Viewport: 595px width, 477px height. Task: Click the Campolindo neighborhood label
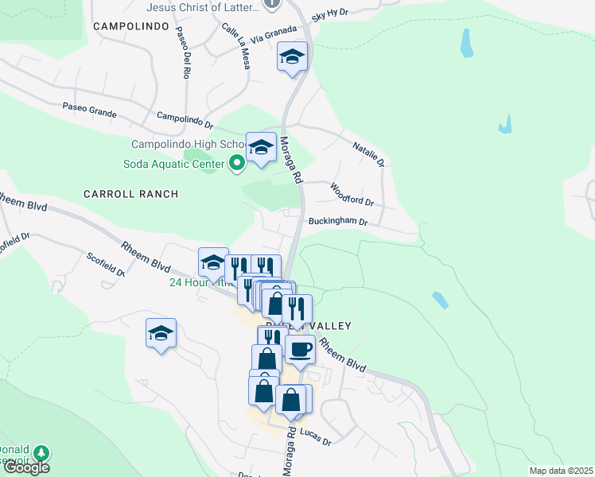click(131, 26)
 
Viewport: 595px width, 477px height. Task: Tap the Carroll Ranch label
click(130, 194)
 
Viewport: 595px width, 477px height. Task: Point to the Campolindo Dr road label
click(185, 119)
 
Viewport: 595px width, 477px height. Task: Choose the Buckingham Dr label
click(337, 223)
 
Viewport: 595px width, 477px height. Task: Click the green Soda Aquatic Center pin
click(236, 165)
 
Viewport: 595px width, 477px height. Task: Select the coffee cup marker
click(300, 348)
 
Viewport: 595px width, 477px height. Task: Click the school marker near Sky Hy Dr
click(292, 57)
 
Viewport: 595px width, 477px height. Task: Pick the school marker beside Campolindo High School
click(261, 147)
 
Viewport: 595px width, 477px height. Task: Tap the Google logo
click(26, 468)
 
